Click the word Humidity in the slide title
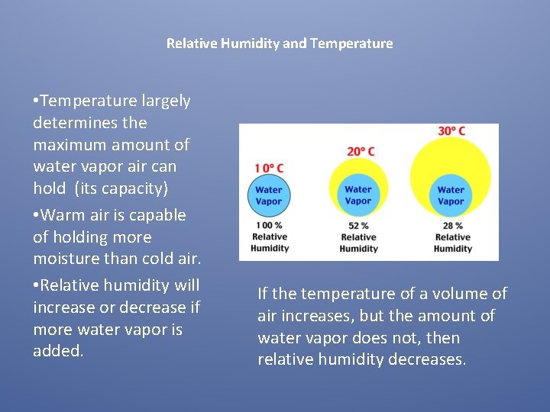(x=250, y=43)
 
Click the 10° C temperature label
(x=269, y=168)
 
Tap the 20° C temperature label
(x=361, y=151)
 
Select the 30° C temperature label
(x=451, y=131)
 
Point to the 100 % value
(x=269, y=225)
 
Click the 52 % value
(x=358, y=226)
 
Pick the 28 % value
(x=452, y=226)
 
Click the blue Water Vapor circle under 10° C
(x=269, y=195)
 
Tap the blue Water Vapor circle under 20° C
(x=358, y=195)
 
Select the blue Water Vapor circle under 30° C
(x=451, y=195)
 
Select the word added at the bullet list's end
(x=58, y=351)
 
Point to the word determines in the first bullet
(x=76, y=122)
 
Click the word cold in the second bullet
(x=151, y=259)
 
